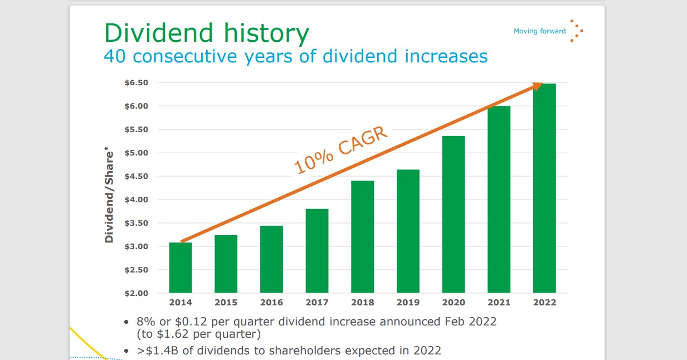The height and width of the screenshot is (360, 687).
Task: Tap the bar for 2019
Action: tap(408, 231)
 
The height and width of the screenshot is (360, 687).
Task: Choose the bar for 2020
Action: tap(454, 215)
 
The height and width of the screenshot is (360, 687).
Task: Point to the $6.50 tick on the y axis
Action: tap(136, 83)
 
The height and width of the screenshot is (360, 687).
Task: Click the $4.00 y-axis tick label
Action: tap(136, 200)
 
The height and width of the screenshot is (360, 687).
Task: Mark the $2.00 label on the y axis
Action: tap(136, 293)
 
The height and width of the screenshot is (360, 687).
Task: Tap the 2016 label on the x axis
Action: tap(271, 303)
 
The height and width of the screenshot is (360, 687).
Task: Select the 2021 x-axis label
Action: tap(499, 303)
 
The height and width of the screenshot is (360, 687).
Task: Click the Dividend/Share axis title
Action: tap(109, 196)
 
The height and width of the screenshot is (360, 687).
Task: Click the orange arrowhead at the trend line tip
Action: tap(537, 85)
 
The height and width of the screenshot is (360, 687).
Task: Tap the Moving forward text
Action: tap(539, 31)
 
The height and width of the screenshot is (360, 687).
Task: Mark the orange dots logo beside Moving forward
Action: tap(577, 32)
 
